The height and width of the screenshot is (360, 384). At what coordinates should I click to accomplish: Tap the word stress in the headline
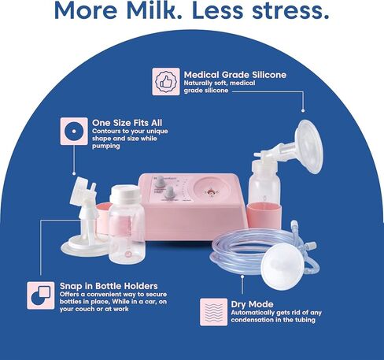[x=290, y=11]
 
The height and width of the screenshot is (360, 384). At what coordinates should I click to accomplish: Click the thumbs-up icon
[x=166, y=82]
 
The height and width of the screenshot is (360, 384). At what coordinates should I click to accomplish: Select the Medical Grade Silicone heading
[x=235, y=75]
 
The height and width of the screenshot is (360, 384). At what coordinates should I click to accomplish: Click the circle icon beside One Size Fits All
[x=74, y=131]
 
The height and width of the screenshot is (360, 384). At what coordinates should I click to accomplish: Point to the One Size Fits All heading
[x=127, y=123]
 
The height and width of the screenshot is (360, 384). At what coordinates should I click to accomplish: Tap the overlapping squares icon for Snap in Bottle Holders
[x=41, y=295]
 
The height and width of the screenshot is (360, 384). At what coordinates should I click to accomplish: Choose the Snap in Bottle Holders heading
[x=109, y=286]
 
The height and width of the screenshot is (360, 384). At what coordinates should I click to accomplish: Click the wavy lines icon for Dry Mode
[x=213, y=312]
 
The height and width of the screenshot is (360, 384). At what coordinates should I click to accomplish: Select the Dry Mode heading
[x=252, y=304]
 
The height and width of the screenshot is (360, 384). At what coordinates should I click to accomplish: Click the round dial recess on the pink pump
[x=212, y=191]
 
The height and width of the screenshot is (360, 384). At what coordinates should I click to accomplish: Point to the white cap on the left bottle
[x=125, y=192]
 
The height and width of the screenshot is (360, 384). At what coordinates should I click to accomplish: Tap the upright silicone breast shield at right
[x=308, y=147]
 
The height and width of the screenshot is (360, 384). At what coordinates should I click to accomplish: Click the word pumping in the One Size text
[x=105, y=146]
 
